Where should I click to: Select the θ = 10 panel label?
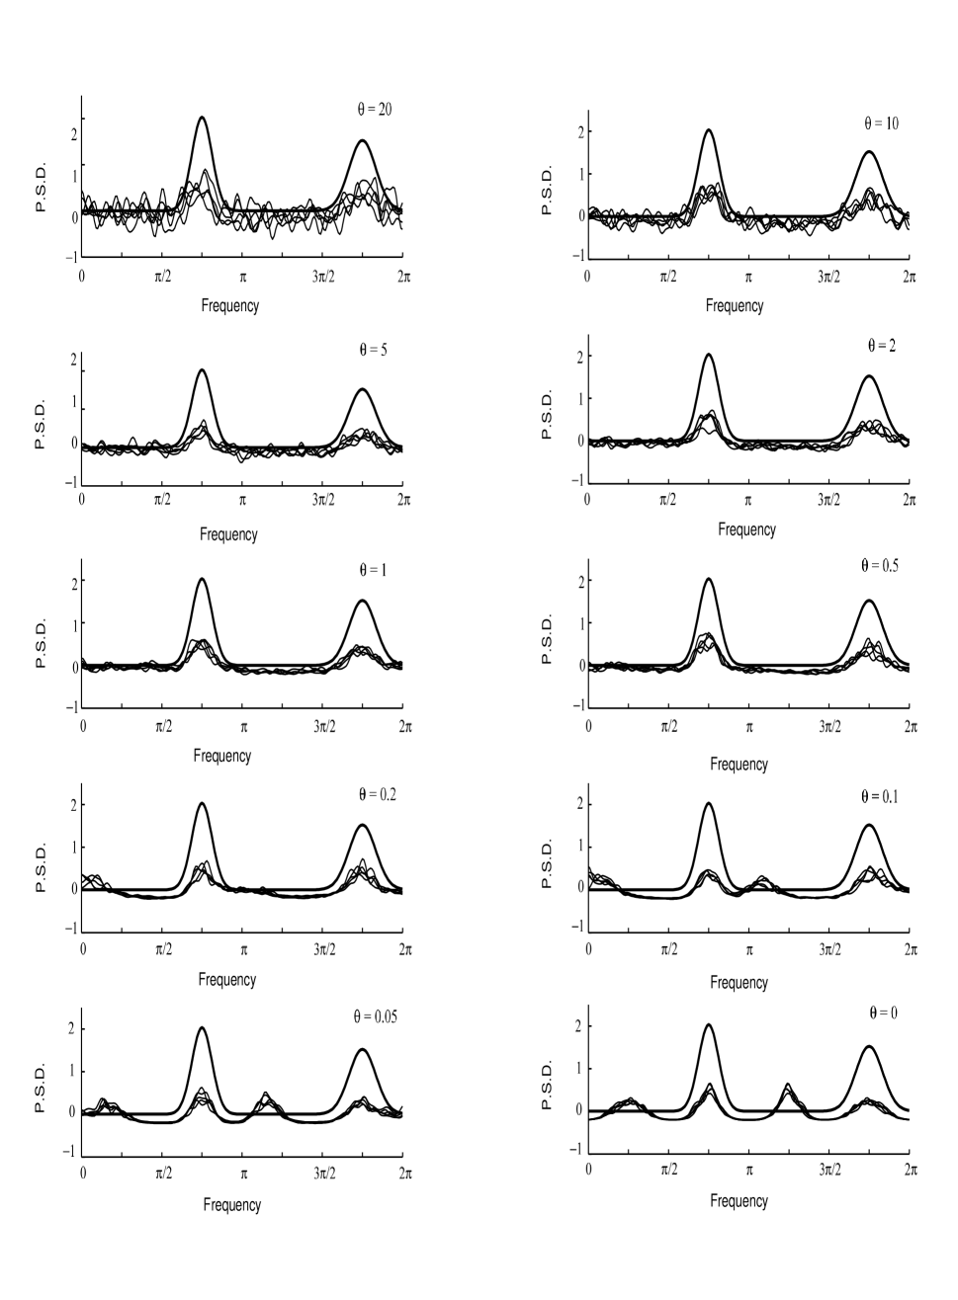click(880, 123)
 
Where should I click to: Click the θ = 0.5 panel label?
click(880, 566)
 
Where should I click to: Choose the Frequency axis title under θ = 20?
click(228, 305)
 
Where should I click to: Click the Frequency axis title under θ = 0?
click(739, 1201)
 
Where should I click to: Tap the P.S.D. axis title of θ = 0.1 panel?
click(548, 864)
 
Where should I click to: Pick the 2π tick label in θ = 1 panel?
click(405, 727)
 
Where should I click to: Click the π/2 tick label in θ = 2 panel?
click(668, 500)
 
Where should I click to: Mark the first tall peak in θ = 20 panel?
click(202, 119)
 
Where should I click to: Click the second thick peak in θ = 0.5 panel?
click(869, 601)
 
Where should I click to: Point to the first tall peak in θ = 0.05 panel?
click(202, 1028)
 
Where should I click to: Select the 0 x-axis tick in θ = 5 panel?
click(82, 500)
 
